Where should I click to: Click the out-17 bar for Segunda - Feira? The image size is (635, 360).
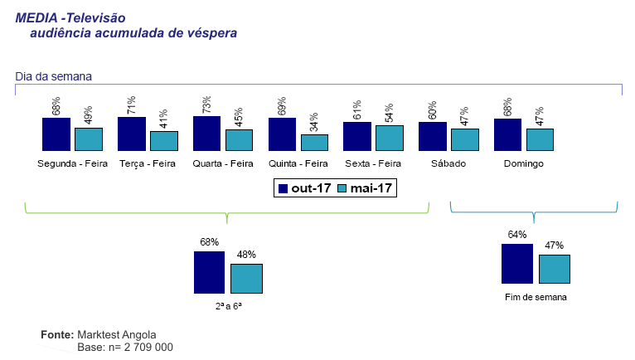(56, 134)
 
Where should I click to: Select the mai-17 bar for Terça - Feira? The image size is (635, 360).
(163, 140)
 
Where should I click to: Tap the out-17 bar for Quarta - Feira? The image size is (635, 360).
(206, 133)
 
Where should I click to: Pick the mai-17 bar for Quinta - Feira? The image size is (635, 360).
(314, 142)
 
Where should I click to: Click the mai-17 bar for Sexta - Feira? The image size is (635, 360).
(389, 138)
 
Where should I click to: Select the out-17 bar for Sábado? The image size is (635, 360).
(432, 135)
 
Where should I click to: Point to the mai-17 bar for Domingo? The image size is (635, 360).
(539, 139)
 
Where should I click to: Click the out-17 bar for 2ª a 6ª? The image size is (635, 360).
(209, 272)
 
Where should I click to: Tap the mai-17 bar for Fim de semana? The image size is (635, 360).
(555, 270)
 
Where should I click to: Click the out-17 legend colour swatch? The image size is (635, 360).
(283, 188)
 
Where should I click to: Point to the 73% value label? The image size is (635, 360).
(206, 105)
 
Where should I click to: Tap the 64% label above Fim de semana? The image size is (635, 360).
(517, 235)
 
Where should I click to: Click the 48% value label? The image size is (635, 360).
(246, 255)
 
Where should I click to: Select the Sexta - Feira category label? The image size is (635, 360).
(373, 163)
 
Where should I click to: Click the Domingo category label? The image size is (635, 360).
(523, 163)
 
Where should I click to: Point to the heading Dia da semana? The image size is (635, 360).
(53, 76)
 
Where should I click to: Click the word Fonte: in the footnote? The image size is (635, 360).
(57, 334)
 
